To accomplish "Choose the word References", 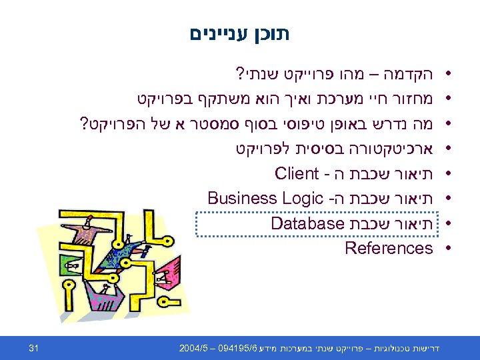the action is click(389, 248).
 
